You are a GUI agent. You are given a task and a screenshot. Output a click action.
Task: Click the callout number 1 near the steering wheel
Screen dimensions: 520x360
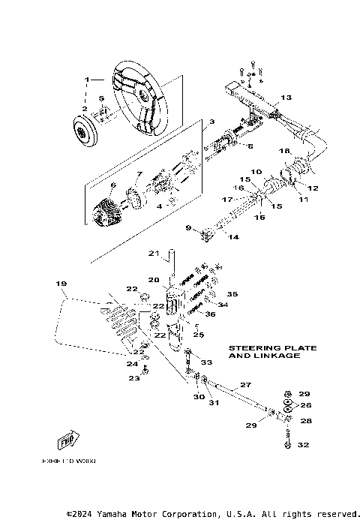[87, 79]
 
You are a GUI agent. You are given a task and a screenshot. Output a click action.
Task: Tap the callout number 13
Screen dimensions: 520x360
[286, 98]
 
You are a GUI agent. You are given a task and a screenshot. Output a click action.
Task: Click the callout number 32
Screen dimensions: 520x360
[302, 445]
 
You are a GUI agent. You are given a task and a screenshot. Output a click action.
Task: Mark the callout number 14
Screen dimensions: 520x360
[233, 237]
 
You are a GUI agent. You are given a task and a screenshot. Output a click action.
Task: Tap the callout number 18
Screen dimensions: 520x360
[285, 152]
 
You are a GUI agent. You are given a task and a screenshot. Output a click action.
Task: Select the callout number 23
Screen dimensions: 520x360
[134, 378]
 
